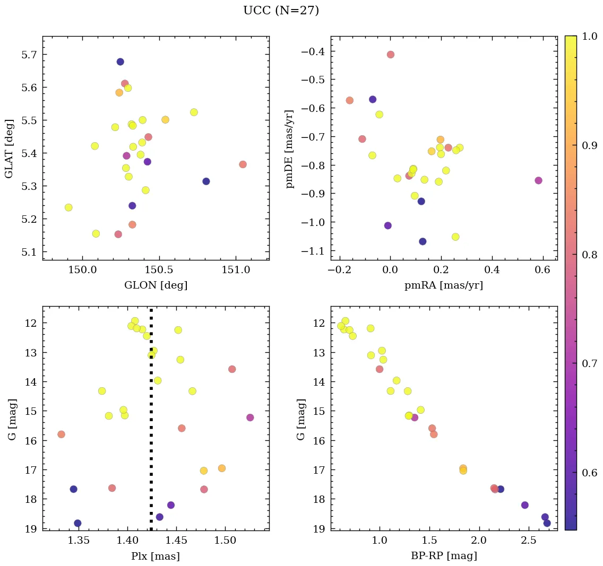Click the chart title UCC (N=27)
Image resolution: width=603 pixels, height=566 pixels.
(281, 11)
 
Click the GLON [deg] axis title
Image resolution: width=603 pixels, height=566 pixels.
(156, 285)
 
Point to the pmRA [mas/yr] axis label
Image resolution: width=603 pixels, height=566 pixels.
(444, 285)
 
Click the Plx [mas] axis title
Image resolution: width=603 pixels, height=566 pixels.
(156, 556)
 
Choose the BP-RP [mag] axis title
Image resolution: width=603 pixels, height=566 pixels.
(444, 556)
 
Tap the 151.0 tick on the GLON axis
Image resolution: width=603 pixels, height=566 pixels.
(236, 271)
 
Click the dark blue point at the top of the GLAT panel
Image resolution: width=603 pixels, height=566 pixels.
(120, 62)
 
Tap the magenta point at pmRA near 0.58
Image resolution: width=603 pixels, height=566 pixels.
(538, 180)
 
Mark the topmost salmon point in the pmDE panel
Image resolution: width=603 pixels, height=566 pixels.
(391, 55)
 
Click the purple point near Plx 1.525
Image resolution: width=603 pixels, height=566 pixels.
(250, 417)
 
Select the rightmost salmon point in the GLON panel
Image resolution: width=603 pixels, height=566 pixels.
(243, 164)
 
